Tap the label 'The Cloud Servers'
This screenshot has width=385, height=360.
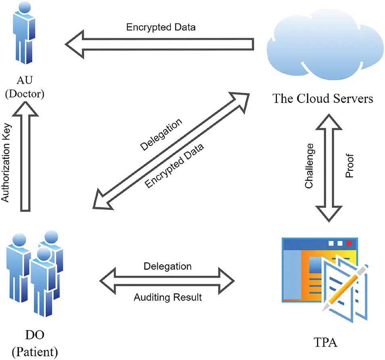[323, 98]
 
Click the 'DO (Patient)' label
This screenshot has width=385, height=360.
[35, 344]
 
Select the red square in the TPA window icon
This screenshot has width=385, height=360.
[349, 243]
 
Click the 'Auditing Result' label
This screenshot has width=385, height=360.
[167, 297]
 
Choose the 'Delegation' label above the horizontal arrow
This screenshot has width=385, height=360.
[167, 266]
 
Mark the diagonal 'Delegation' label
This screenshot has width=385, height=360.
[161, 134]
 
